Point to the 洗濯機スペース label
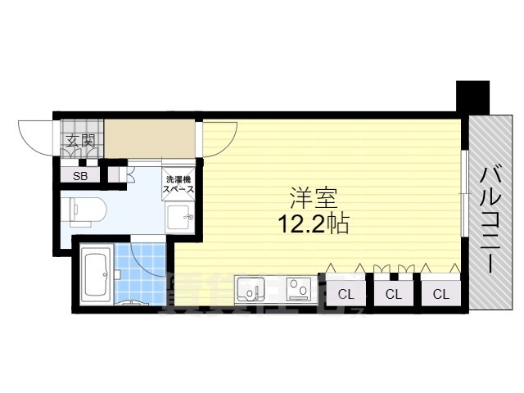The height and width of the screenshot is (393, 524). (180, 184)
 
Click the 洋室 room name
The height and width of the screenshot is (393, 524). (314, 197)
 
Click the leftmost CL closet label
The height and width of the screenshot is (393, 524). (346, 294)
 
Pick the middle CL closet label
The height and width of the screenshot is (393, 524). (394, 294)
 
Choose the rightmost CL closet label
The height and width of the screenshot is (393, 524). (440, 294)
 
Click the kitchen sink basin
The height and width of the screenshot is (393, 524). (251, 290)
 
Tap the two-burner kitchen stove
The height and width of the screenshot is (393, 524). (296, 290)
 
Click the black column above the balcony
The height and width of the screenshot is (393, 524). (472, 97)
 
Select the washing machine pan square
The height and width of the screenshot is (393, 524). (180, 220)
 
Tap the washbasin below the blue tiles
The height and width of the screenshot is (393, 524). (131, 304)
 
